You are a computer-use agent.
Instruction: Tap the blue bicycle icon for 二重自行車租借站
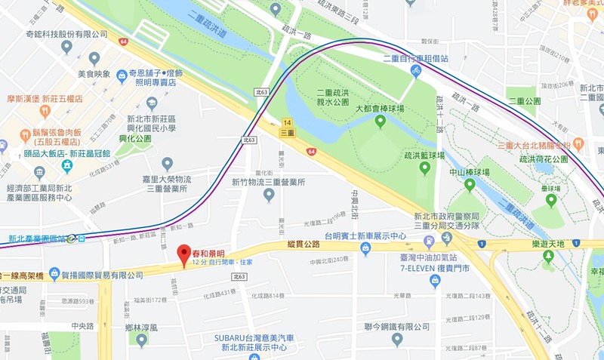point(414,70)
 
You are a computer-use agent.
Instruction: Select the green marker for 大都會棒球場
point(380,121)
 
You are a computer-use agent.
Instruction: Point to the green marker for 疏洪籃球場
point(425,168)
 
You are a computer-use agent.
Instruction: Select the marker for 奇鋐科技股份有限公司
point(66,47)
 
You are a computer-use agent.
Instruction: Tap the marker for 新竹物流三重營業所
point(268,195)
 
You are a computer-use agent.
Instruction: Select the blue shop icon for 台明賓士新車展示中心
point(365,248)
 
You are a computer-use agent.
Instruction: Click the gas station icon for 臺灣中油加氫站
point(429,242)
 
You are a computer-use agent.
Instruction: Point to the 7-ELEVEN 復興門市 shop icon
point(434,281)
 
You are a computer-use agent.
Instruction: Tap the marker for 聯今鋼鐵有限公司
point(397,340)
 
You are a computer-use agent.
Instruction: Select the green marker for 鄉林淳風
point(142,339)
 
